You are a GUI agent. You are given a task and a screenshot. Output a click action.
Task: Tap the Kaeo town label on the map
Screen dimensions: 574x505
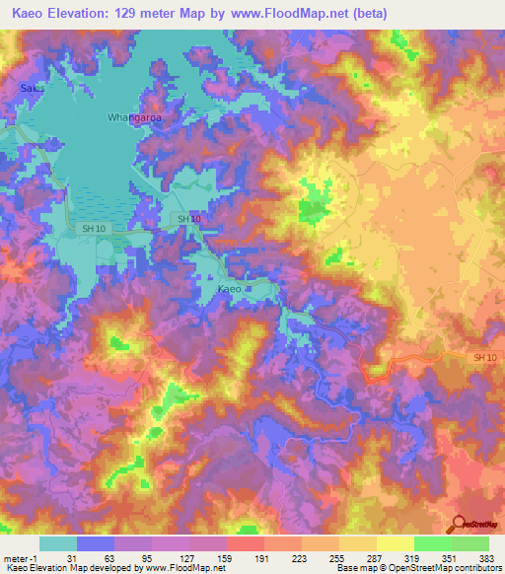coord(228,289)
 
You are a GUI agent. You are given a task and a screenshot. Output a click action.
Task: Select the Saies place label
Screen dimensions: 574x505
coord(33,88)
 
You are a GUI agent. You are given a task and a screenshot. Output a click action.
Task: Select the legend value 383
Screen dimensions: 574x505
coord(487,558)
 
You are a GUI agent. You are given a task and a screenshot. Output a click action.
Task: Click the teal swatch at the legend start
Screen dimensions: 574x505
coord(58,543)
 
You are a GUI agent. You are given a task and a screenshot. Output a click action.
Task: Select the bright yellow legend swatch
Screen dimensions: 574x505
coord(395,543)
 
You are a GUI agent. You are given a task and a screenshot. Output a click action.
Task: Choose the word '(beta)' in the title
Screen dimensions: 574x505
coord(367,14)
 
